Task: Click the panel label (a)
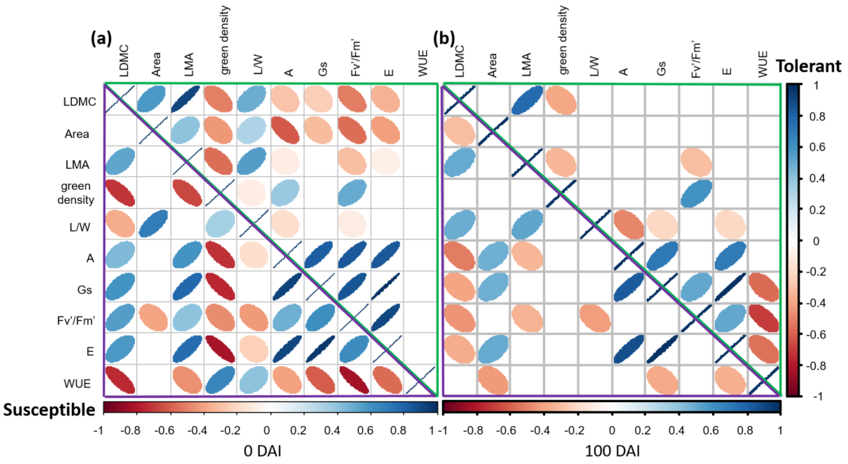[101, 39]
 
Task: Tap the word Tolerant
[809, 67]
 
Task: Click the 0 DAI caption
[262, 451]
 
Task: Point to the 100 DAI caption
[612, 451]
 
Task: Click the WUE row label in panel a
[77, 383]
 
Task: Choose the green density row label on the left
[76, 193]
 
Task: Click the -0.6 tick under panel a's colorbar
[164, 430]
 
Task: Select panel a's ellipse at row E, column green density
[220, 349]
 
